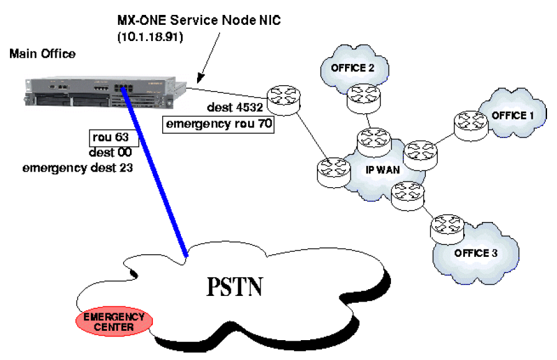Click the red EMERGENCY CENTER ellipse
(x=114, y=321)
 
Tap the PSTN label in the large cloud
(x=234, y=287)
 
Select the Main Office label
(x=42, y=54)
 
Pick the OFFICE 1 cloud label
(x=513, y=115)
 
